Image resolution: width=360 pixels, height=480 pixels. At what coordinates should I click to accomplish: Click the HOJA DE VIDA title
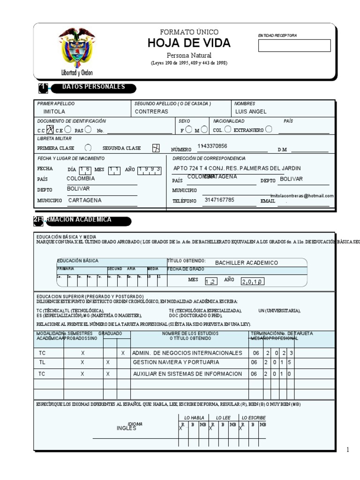tap(189, 44)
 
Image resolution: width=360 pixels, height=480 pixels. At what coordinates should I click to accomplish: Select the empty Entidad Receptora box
tap(294, 45)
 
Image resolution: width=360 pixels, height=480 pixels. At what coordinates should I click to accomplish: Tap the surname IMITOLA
tap(54, 112)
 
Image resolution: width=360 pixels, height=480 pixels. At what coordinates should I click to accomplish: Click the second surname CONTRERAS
tap(151, 112)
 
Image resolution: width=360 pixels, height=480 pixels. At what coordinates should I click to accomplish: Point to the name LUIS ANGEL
tap(251, 112)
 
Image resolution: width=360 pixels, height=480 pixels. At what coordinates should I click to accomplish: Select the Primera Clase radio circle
tap(87, 148)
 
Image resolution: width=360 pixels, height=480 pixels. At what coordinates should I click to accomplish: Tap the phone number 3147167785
tap(219, 200)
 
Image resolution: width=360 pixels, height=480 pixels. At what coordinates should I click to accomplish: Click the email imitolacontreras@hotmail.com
tap(302, 196)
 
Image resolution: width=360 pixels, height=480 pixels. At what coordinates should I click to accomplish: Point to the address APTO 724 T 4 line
tap(237, 168)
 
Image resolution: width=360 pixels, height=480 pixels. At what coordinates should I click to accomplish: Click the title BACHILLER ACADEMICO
tap(247, 263)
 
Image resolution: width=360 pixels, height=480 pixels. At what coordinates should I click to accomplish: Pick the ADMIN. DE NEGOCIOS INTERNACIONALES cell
tap(187, 353)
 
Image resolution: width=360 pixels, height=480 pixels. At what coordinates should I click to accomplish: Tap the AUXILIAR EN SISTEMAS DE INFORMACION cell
tap(187, 374)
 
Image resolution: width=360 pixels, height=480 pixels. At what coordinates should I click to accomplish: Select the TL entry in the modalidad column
tap(42, 363)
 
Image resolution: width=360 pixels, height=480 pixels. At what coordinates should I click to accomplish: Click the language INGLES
tap(127, 428)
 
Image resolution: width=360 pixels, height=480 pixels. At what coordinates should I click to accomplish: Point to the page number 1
tap(348, 450)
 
